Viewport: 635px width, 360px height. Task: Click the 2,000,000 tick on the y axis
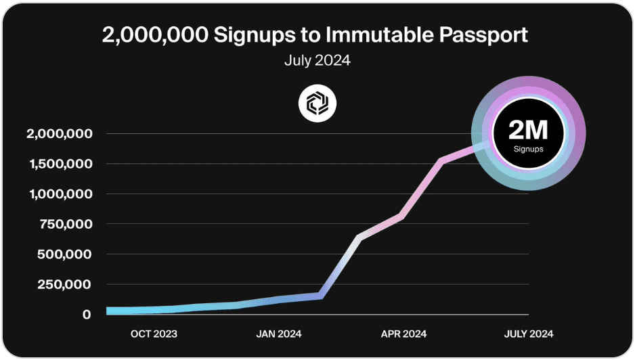coord(59,134)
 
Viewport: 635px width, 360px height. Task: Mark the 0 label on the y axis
coord(87,315)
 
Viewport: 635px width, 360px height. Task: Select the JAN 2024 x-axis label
coord(278,334)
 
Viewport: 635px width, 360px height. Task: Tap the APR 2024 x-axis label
coord(403,334)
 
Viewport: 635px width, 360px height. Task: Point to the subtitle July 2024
coord(317,60)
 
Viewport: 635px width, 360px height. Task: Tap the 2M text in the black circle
coord(528,129)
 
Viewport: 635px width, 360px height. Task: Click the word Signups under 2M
coord(528,149)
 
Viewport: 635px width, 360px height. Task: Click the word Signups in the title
coord(257,36)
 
